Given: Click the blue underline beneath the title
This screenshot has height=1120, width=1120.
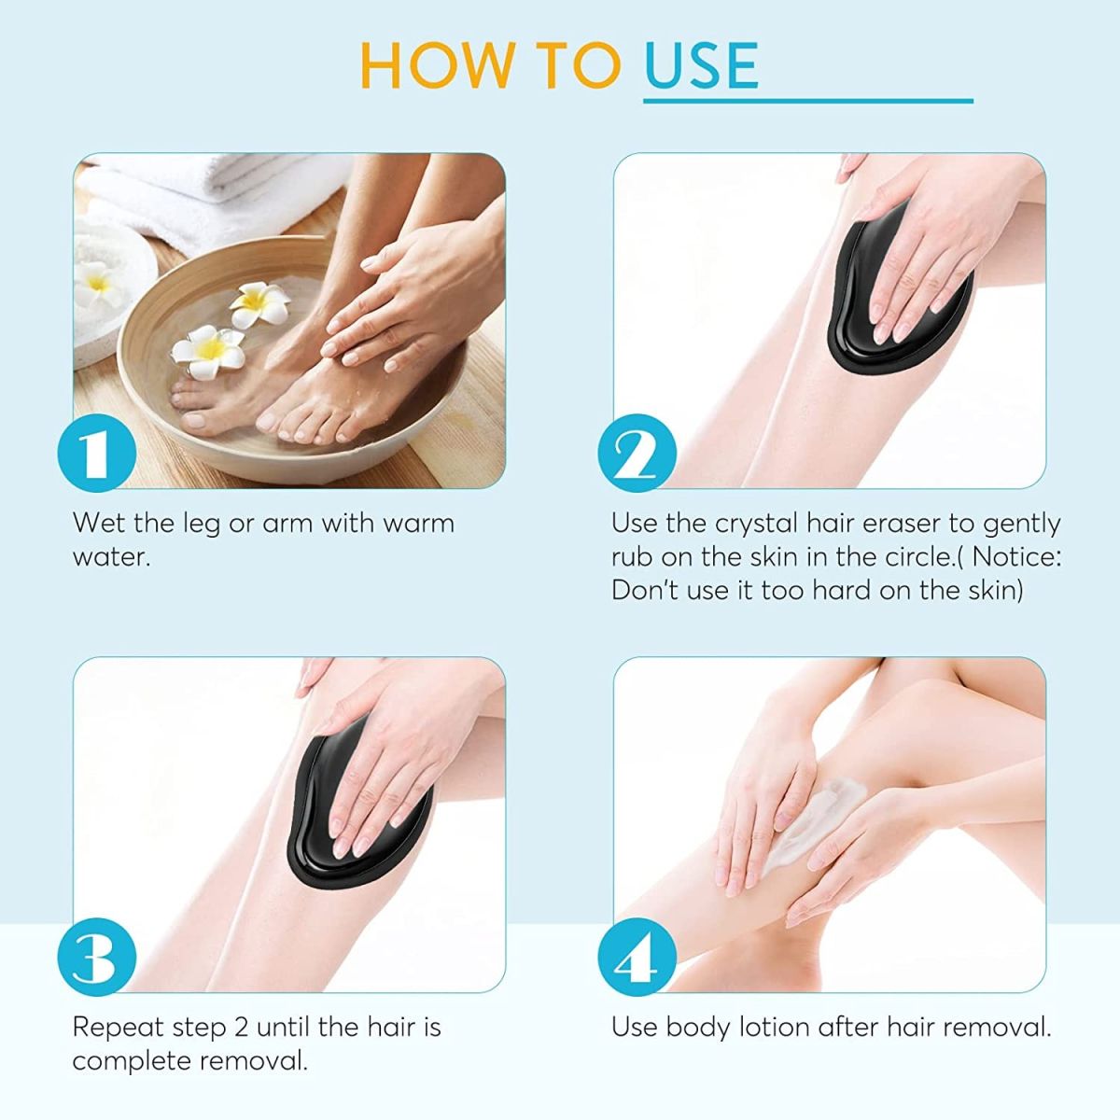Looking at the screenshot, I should pos(807,100).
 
